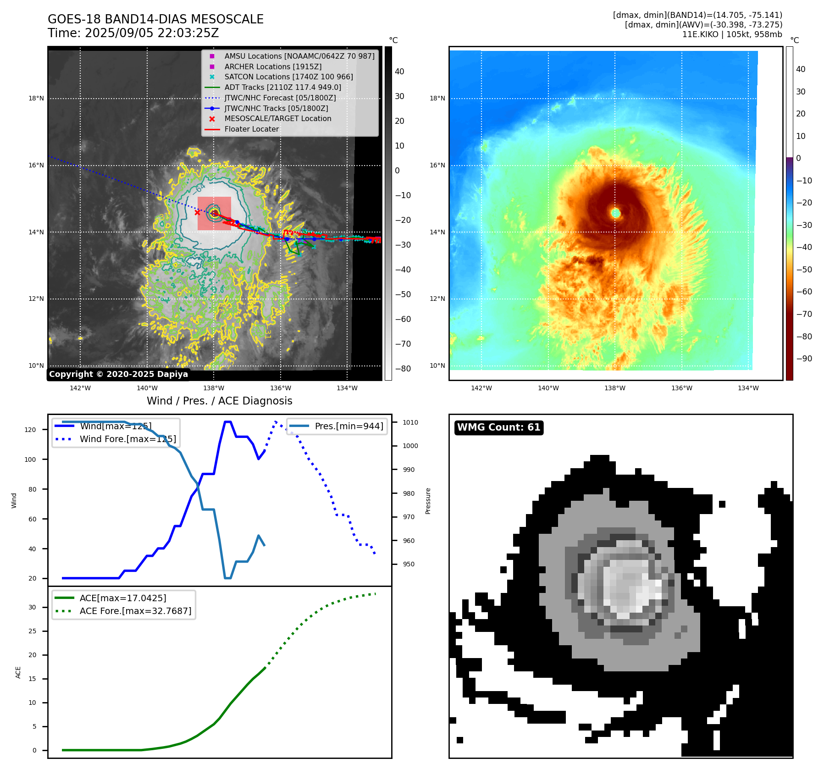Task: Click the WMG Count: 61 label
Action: pyautogui.click(x=498, y=427)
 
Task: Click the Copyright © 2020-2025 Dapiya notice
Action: pyautogui.click(x=118, y=374)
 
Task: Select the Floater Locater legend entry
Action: pyautogui.click(x=251, y=129)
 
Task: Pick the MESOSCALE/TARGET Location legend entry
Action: pyautogui.click(x=277, y=119)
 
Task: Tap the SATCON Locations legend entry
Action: pyautogui.click(x=288, y=77)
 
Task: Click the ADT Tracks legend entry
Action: pyautogui.click(x=282, y=88)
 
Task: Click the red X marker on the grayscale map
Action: pyautogui.click(x=197, y=212)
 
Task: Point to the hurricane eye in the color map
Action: pyautogui.click(x=615, y=213)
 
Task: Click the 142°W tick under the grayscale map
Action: pyautogui.click(x=80, y=388)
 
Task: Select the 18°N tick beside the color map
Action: pyautogui.click(x=437, y=98)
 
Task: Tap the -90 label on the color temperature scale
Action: pyautogui.click(x=804, y=359)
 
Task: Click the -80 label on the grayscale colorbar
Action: pyautogui.click(x=403, y=369)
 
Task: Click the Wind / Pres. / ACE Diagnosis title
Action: pyautogui.click(x=219, y=401)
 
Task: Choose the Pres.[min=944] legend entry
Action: pyautogui.click(x=349, y=426)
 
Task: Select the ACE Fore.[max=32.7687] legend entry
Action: pyautogui.click(x=135, y=611)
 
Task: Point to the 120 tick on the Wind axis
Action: pyautogui.click(x=30, y=430)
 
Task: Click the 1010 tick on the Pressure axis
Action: pyautogui.click(x=410, y=422)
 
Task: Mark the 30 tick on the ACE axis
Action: pyautogui.click(x=32, y=607)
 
